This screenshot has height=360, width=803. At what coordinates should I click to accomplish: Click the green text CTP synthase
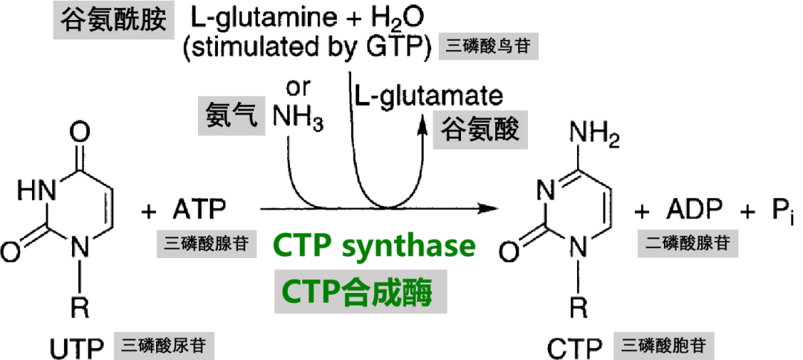[x=374, y=246]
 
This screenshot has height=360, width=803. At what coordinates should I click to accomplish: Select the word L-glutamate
[x=429, y=96]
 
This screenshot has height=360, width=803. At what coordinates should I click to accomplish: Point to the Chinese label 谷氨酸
[x=480, y=130]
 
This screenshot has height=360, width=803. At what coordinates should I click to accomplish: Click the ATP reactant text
[x=199, y=210]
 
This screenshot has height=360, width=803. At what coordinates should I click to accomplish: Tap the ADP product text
[x=694, y=210]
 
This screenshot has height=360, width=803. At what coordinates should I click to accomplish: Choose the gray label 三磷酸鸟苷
[x=489, y=48]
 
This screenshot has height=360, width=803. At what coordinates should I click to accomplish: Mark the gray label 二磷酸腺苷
[x=687, y=244]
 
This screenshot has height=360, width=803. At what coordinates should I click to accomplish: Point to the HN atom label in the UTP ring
[x=36, y=191]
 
